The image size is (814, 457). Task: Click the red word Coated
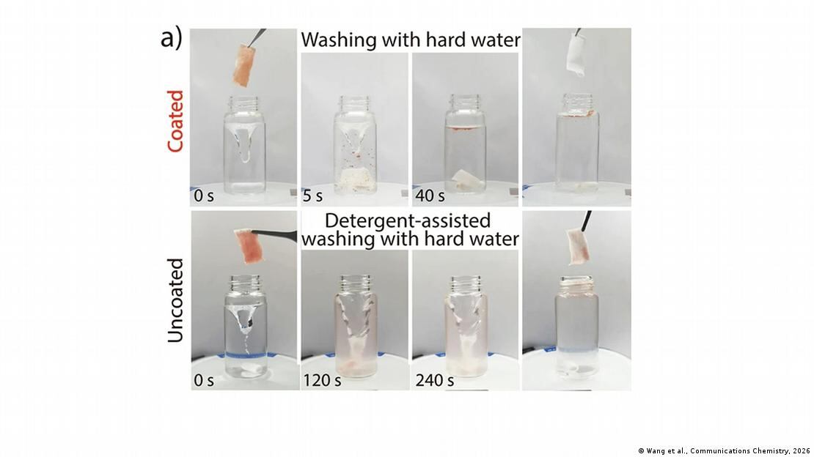tap(175, 121)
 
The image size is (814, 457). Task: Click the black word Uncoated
tap(175, 300)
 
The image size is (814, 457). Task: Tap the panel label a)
tap(171, 38)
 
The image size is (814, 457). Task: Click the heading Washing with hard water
tap(410, 40)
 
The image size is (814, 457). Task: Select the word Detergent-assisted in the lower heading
tap(408, 220)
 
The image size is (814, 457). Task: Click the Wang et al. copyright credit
tap(724, 450)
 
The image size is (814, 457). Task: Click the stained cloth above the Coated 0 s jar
tap(243, 64)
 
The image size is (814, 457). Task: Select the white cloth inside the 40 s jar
tap(466, 179)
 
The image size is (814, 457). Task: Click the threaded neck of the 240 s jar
tap(466, 283)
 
